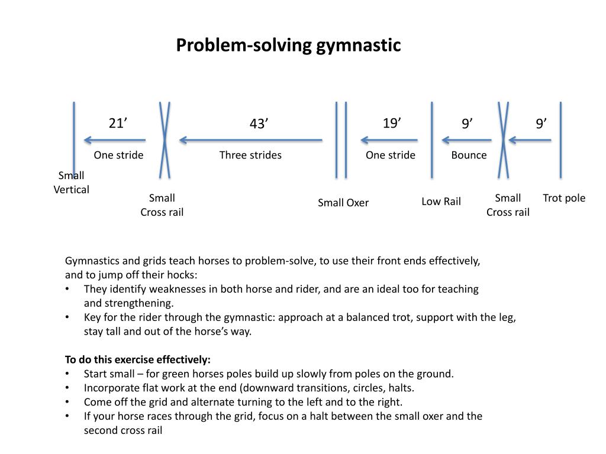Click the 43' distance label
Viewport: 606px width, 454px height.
coord(259,124)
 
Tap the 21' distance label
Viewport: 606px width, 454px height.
coord(118,123)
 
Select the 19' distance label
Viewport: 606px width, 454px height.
coord(392,123)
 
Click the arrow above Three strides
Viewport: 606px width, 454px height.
coord(251,140)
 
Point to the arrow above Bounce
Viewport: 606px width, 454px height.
coord(466,140)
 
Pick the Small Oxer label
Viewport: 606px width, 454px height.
coord(343,203)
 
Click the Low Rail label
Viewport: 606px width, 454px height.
coord(441,202)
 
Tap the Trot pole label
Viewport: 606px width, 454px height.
coord(564,198)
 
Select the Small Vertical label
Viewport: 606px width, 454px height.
coord(71,183)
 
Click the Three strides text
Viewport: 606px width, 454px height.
coord(250,155)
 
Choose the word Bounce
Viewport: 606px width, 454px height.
coord(469,155)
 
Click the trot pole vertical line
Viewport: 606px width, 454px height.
coord(561,140)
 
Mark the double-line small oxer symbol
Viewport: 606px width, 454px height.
coord(341,140)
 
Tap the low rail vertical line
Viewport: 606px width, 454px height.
coord(431,140)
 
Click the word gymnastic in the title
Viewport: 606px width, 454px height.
coord(358,46)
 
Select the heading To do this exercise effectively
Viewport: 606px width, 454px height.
coord(137,360)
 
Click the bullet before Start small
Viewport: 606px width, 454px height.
coord(67,374)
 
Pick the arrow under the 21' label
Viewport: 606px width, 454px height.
coord(115,140)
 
